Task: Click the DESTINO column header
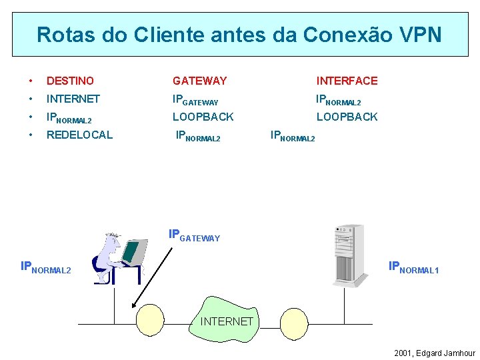tap(70, 81)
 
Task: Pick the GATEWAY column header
tap(199, 81)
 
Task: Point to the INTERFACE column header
tap(347, 81)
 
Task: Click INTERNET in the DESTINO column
tap(73, 99)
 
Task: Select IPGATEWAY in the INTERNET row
tap(195, 100)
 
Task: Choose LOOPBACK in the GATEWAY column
tap(203, 117)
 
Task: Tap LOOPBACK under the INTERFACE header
tap(347, 117)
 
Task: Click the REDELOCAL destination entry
tap(79, 135)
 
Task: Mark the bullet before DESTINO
tap(30, 81)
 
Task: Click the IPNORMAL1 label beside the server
tap(413, 268)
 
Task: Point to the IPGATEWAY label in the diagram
tap(194, 235)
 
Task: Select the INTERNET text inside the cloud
tap(227, 321)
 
